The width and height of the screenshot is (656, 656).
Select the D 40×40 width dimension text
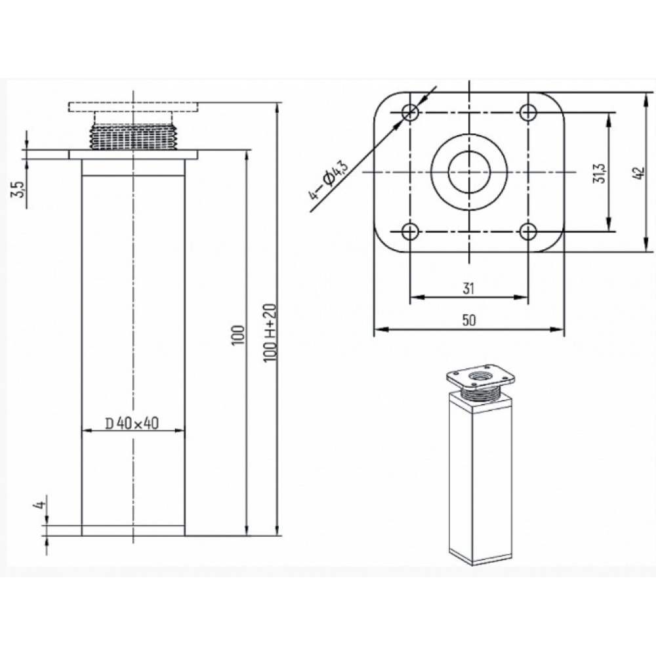click(x=132, y=423)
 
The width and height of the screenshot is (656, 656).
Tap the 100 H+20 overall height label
click(x=271, y=333)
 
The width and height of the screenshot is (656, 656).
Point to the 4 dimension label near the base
click(x=40, y=505)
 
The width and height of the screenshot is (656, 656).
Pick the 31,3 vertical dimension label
click(x=599, y=172)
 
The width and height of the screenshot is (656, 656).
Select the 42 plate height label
click(x=639, y=173)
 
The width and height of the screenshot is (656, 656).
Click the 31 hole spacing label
click(x=468, y=288)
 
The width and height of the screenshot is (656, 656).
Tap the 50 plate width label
click(x=469, y=320)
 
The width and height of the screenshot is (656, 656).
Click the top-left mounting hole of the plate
click(x=411, y=112)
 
